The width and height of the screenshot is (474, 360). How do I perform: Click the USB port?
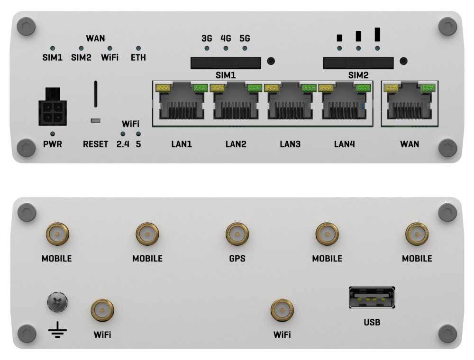click(372, 297)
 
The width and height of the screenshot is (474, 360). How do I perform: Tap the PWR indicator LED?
click(52, 134)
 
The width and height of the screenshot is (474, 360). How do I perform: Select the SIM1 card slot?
click(226, 62)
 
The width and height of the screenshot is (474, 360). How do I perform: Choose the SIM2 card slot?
click(358, 62)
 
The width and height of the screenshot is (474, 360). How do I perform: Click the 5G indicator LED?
click(245, 48)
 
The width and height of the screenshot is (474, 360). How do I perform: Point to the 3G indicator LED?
click(207, 48)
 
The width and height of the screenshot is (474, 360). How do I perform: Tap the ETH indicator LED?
click(138, 49)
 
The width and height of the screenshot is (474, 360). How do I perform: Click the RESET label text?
click(95, 144)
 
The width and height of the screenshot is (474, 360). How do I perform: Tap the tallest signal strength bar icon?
click(377, 34)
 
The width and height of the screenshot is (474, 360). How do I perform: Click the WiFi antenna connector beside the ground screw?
click(102, 311)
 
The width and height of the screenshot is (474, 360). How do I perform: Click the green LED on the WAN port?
click(428, 87)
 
